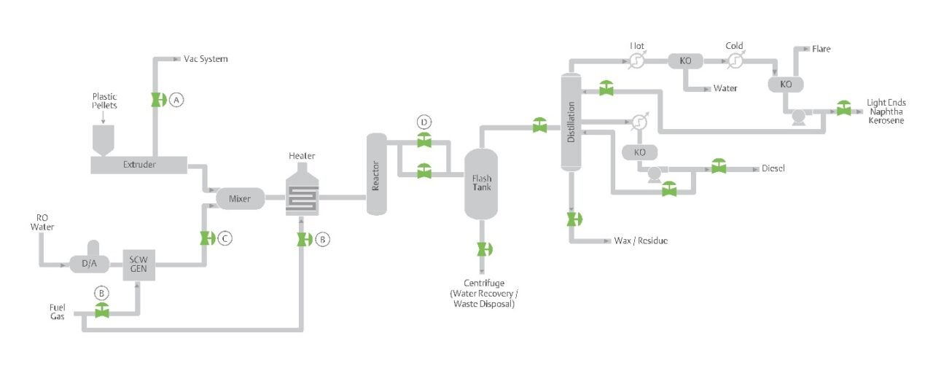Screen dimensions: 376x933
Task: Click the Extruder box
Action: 138,165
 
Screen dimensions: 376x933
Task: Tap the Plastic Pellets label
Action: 104,101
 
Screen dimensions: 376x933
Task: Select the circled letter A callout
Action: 176,101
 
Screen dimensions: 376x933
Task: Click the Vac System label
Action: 206,59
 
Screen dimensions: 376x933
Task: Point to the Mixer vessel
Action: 240,198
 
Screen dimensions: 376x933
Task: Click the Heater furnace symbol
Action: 302,194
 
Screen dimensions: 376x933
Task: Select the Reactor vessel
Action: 376,174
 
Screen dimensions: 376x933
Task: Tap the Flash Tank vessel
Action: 481,183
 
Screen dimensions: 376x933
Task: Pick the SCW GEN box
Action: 138,264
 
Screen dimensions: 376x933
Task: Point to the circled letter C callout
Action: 225,238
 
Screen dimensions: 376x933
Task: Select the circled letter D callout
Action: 423,120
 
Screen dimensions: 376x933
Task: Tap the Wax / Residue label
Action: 641,240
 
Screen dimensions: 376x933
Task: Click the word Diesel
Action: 773,168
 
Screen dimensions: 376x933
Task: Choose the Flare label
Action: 821,49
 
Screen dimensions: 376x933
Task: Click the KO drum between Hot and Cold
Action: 685,61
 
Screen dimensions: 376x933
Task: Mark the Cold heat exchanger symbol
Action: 735,61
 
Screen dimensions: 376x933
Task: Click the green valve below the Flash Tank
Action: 482,249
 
